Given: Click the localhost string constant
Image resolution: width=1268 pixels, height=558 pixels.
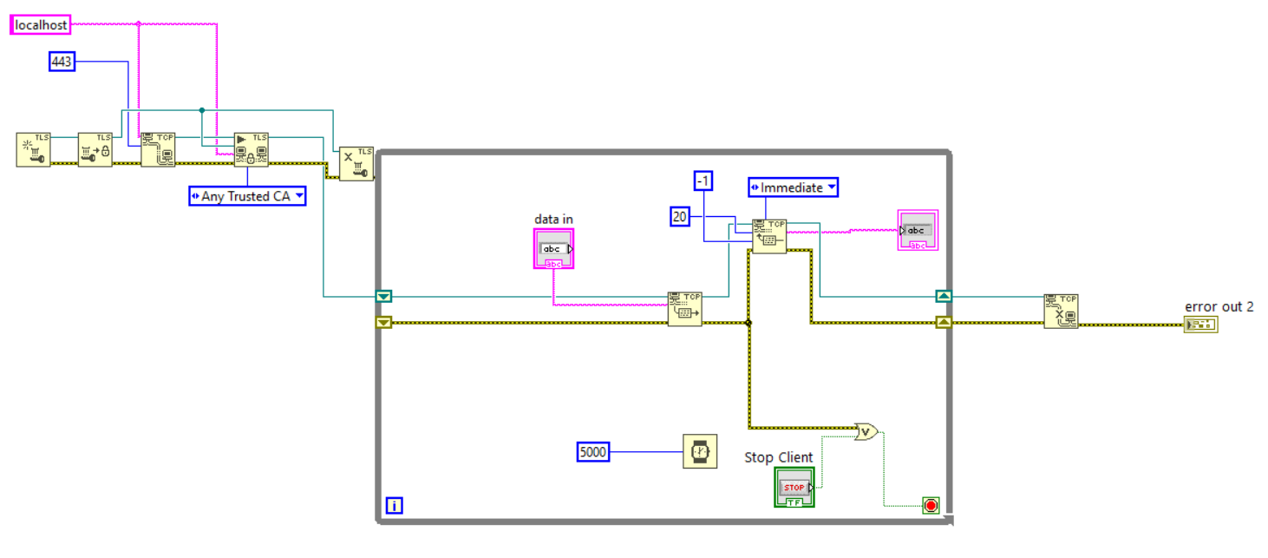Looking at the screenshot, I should coord(41,25).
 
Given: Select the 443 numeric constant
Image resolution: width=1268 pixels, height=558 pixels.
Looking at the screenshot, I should coord(62,62).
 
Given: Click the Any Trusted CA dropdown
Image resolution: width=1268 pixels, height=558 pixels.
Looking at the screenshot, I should coord(247,196).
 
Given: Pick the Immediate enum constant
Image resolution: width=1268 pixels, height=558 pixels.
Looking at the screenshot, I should coord(793,187).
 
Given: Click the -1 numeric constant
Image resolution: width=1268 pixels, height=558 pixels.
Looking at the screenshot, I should coord(703,181).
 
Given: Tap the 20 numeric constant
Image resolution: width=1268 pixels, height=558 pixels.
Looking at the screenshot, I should coord(681,217).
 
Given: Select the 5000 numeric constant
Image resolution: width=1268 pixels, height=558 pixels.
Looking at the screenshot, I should coord(593,452).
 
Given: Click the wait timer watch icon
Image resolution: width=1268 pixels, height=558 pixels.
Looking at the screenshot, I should coord(700,451).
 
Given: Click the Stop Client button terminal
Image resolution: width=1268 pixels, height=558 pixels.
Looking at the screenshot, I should coord(794,487).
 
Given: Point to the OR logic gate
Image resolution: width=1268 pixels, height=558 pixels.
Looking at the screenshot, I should coord(866,430).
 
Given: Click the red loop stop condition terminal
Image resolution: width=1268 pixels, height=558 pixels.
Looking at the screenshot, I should coord(931,505).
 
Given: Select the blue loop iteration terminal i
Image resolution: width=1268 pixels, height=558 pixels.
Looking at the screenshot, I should coord(394,505).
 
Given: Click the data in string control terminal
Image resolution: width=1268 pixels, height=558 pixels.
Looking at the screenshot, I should coord(553,248).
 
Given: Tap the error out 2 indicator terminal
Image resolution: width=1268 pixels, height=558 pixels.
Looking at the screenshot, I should coord(1200,325).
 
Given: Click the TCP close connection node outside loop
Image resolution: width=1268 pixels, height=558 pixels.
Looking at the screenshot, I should coord(1061,311).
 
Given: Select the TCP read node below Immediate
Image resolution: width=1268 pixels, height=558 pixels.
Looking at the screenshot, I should coord(768,236).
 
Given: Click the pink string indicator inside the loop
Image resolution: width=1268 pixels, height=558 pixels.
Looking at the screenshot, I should coord(917,230).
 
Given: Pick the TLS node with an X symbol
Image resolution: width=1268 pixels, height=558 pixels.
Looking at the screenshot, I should coord(356,163).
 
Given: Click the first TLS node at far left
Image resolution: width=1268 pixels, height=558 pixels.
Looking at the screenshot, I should coord(34,149).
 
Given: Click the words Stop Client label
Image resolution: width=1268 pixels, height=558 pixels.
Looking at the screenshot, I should coord(778,457).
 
